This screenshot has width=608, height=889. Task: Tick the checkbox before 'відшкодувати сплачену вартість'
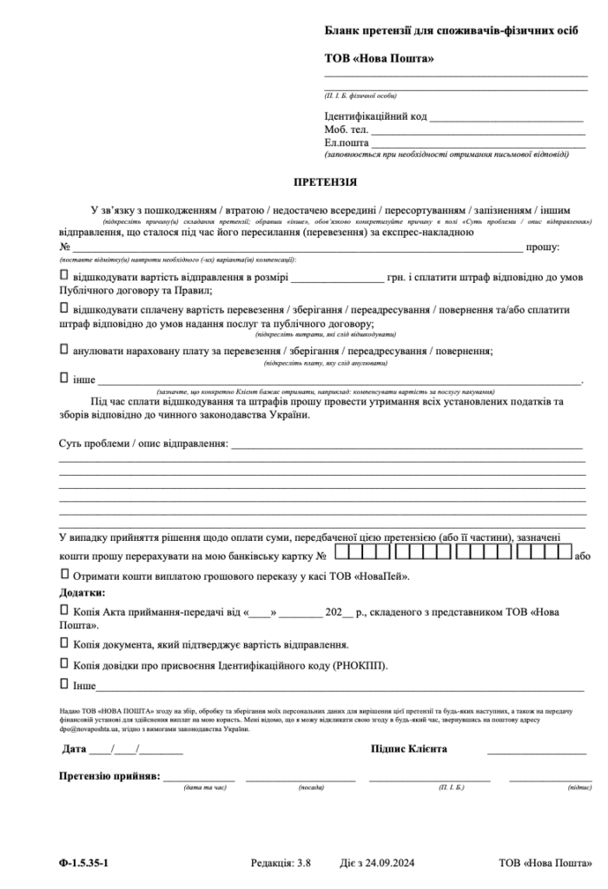[63, 308]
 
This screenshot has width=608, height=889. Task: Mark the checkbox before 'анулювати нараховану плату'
[63, 348]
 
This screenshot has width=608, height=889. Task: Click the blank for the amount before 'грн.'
[337, 280]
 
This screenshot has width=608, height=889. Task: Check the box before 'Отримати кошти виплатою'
[63, 574]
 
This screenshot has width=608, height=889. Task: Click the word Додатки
[82, 592]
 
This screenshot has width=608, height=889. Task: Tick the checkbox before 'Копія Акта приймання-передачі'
[63, 610]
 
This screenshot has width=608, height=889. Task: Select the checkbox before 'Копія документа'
[63, 643]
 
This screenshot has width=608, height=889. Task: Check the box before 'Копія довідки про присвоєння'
[63, 664]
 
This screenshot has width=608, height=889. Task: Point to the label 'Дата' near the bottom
[75, 748]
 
